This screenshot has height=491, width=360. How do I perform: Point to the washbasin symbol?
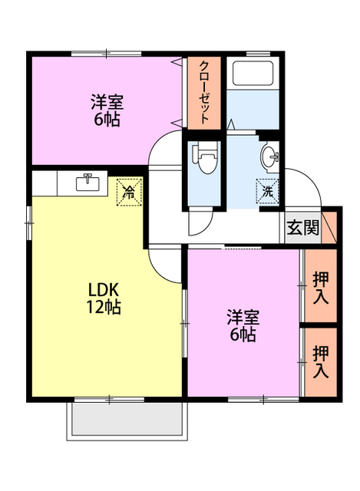[272, 157]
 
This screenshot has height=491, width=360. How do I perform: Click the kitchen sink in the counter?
[88, 183]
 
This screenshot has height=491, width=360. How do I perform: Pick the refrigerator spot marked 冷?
[129, 190]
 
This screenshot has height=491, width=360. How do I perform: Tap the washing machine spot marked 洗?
[268, 189]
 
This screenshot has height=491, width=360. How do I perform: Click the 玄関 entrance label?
[302, 228]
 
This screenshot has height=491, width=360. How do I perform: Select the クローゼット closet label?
[205, 92]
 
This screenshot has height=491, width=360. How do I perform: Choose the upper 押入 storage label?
[321, 287]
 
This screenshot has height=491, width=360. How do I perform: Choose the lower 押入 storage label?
[321, 361]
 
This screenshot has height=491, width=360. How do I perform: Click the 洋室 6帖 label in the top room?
[107, 110]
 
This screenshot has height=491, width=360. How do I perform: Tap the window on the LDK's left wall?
[29, 222]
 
